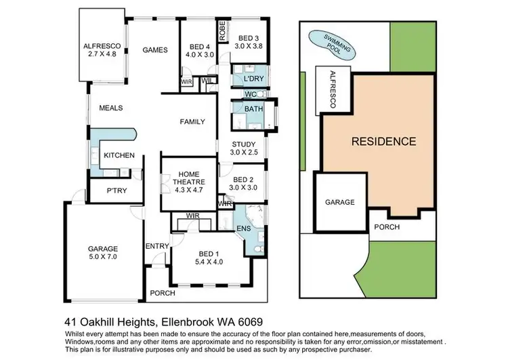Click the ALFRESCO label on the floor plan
pyautogui.click(x=102, y=47)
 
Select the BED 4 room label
pyautogui.click(x=197, y=47)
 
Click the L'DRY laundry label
pyautogui.click(x=246, y=79)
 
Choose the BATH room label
pyautogui.click(x=253, y=108)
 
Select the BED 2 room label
pyautogui.click(x=242, y=180)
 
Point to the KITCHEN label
pyautogui.click(x=119, y=156)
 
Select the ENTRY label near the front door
pyautogui.click(x=157, y=246)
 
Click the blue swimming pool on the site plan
pyautogui.click(x=329, y=44)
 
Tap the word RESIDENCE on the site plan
pyautogui.click(x=383, y=142)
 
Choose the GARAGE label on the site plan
pyautogui.click(x=340, y=202)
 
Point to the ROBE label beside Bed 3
pyautogui.click(x=221, y=31)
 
